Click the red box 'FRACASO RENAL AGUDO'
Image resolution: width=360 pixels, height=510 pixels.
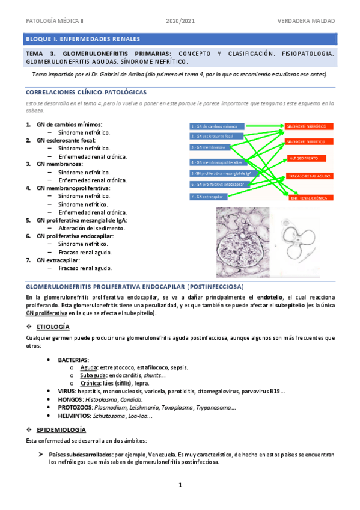point(308,176)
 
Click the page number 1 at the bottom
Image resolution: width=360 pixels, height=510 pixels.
point(180,485)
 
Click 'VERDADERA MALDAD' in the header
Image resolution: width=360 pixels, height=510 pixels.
point(306,21)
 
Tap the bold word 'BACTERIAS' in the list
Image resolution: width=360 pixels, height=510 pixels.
point(73,359)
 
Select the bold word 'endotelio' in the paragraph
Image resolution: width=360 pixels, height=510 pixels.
point(268,297)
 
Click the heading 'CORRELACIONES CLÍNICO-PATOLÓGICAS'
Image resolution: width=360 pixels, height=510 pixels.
point(85,92)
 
